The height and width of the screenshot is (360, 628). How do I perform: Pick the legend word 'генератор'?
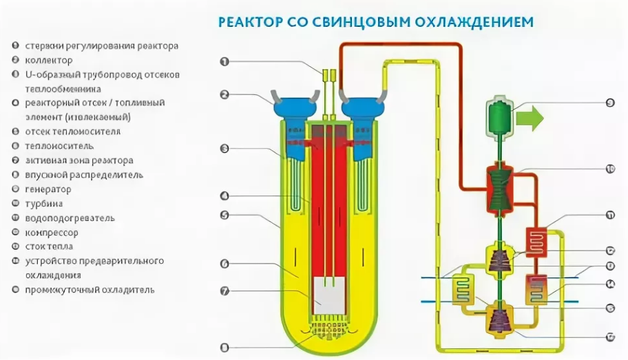[48, 189]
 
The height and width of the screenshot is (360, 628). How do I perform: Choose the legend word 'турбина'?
[43, 204]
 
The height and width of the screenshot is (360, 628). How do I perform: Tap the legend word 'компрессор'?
[52, 233]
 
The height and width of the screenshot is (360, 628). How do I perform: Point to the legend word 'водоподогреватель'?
[70, 218]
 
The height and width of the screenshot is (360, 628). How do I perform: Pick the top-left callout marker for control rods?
[224, 61]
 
